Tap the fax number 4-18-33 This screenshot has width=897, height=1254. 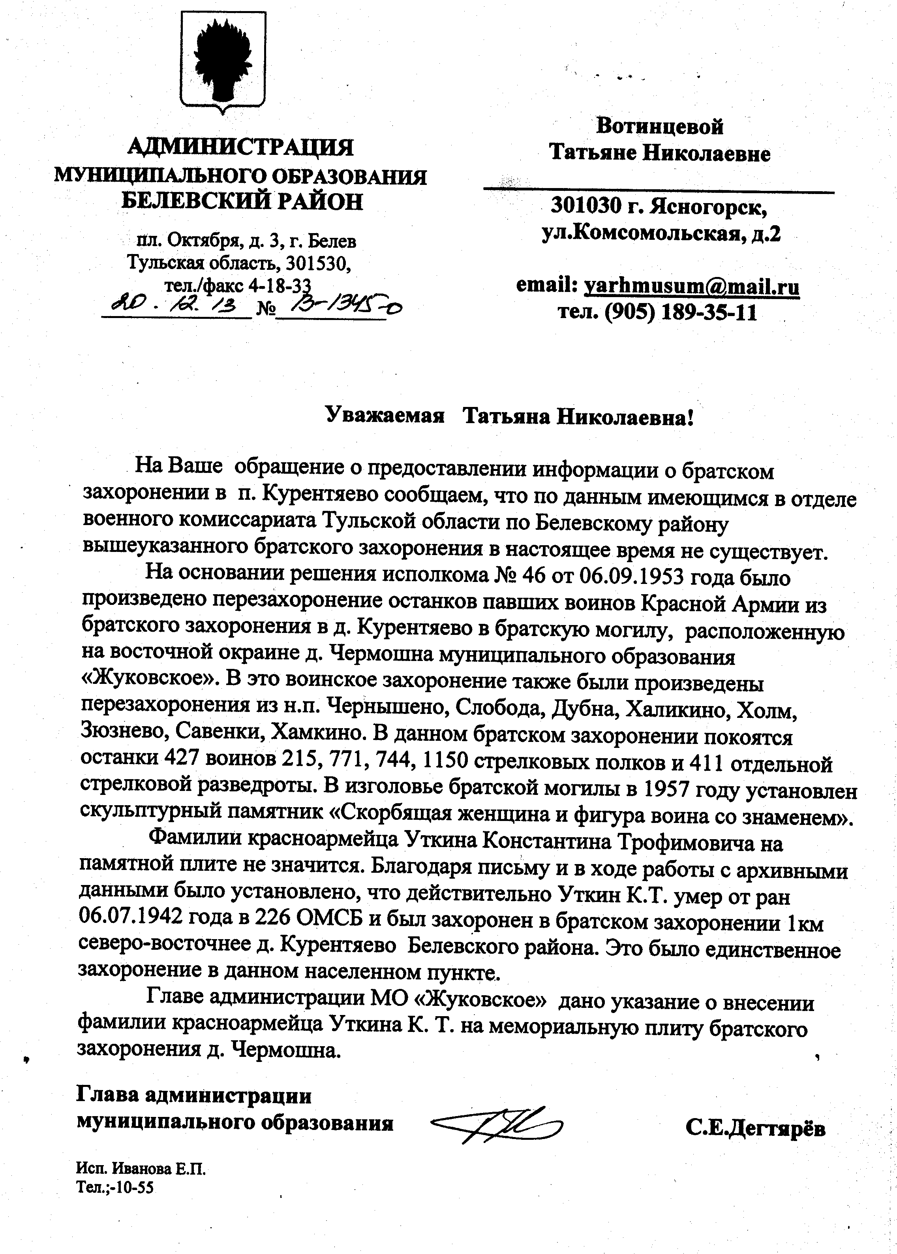click(280, 285)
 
